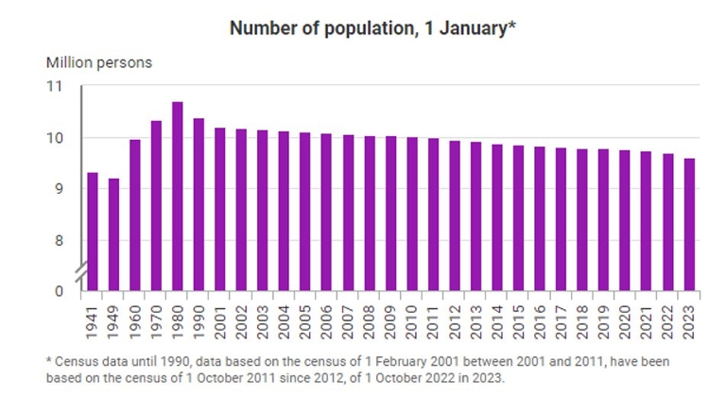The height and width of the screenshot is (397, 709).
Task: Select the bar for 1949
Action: (x=113, y=233)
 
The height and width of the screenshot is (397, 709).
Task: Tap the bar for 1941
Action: (x=93, y=231)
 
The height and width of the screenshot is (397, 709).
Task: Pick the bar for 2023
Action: (x=690, y=224)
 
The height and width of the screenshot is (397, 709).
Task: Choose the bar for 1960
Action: (x=135, y=215)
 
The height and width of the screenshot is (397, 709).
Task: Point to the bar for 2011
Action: (x=434, y=215)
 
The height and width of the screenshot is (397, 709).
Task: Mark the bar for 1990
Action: (x=199, y=204)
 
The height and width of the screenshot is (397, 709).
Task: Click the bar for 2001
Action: (x=220, y=209)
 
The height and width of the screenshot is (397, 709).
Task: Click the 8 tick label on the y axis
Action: (x=61, y=240)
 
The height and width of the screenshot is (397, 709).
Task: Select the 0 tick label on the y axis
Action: (x=61, y=291)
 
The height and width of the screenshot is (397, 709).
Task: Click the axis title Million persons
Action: (x=99, y=62)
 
